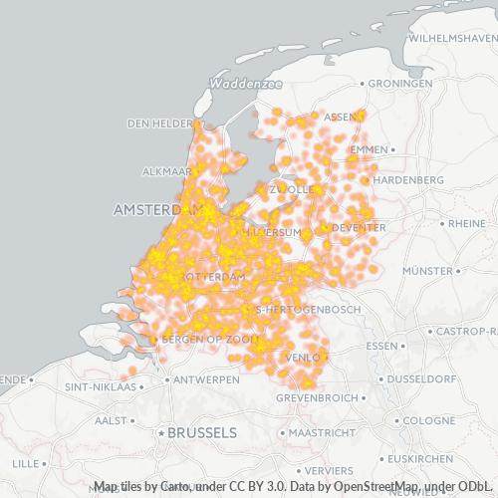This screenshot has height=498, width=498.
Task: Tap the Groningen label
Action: coord(400,84)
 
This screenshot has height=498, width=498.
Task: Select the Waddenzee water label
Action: coord(247,85)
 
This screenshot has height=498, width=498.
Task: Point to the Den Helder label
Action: coord(159,124)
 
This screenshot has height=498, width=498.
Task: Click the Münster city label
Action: coord(428,271)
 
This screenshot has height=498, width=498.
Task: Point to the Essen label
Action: coord(381,346)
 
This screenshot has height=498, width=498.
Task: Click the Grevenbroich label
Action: coord(344,397)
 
